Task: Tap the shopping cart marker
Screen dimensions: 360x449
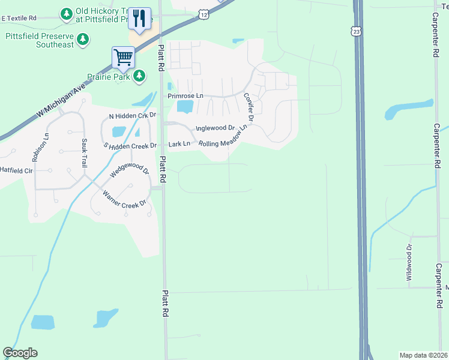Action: pyautogui.click(x=123, y=58)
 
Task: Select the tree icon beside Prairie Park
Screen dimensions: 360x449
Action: pyautogui.click(x=139, y=76)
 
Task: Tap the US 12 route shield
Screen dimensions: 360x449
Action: pyautogui.click(x=205, y=13)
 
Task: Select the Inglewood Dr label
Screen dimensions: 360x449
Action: pyautogui.click(x=215, y=128)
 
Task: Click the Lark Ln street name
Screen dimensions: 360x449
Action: pyautogui.click(x=179, y=144)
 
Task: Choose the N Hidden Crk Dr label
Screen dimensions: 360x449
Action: pyautogui.click(x=132, y=115)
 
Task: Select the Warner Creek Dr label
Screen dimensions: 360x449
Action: pyautogui.click(x=125, y=199)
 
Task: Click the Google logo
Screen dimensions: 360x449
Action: pyautogui.click(x=20, y=353)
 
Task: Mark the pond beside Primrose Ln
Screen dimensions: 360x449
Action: pyautogui.click(x=185, y=107)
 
